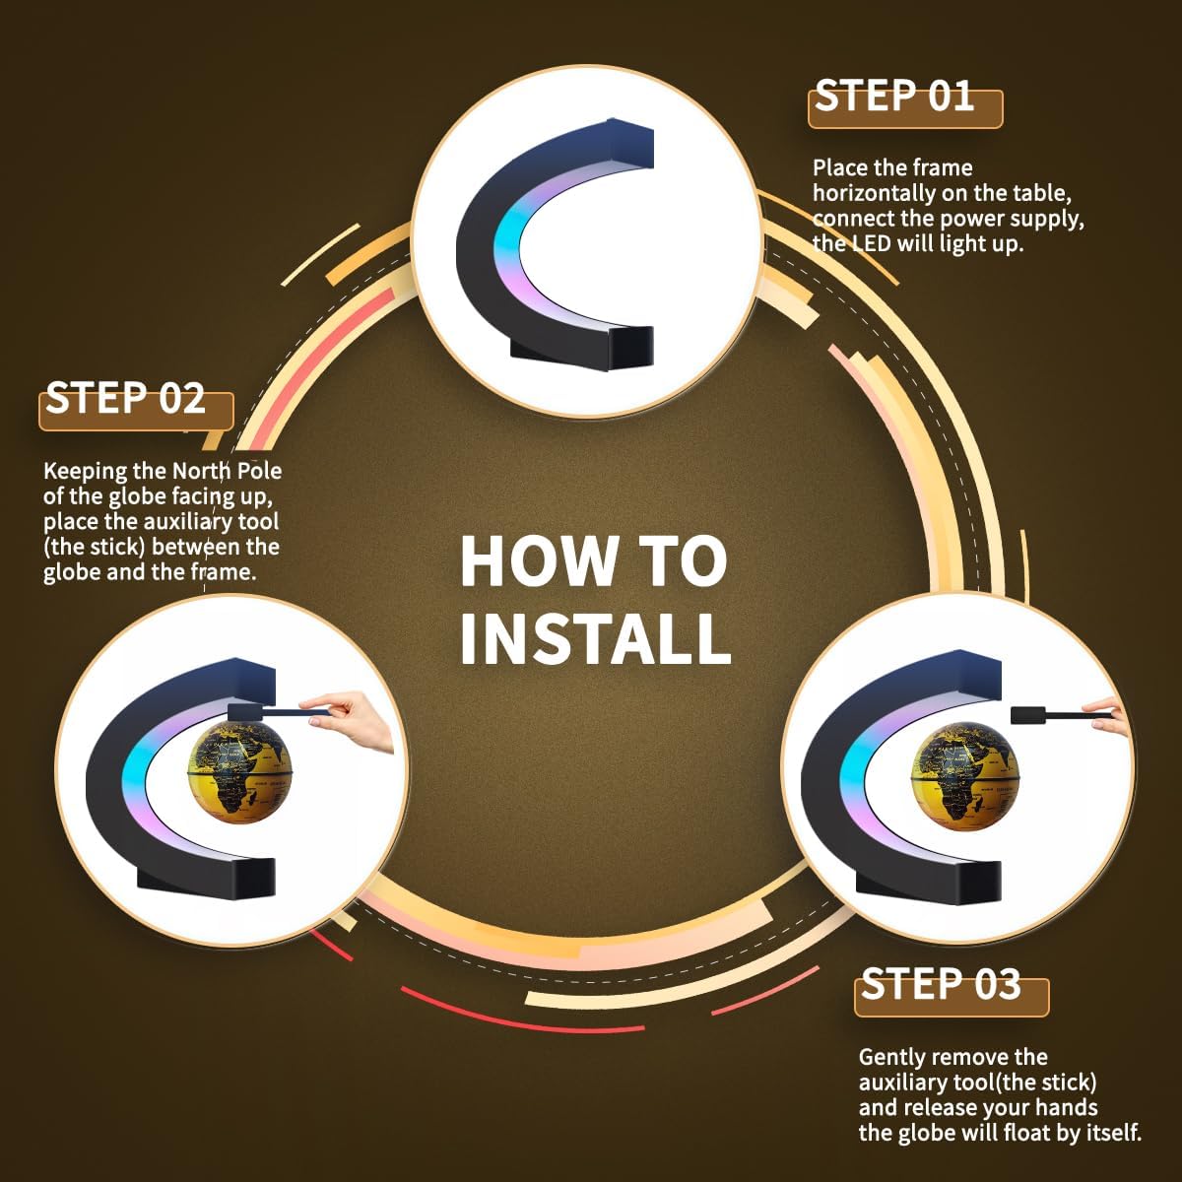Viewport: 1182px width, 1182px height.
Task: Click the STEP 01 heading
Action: coord(894,96)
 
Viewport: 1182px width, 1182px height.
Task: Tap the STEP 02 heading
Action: coord(125,398)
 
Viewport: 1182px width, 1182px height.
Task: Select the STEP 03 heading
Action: coord(941,983)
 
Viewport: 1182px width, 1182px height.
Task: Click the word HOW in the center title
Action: coord(539,561)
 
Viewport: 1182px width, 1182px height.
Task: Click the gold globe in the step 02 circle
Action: coord(240,770)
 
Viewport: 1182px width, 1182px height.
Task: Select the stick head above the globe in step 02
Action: coord(246,712)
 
